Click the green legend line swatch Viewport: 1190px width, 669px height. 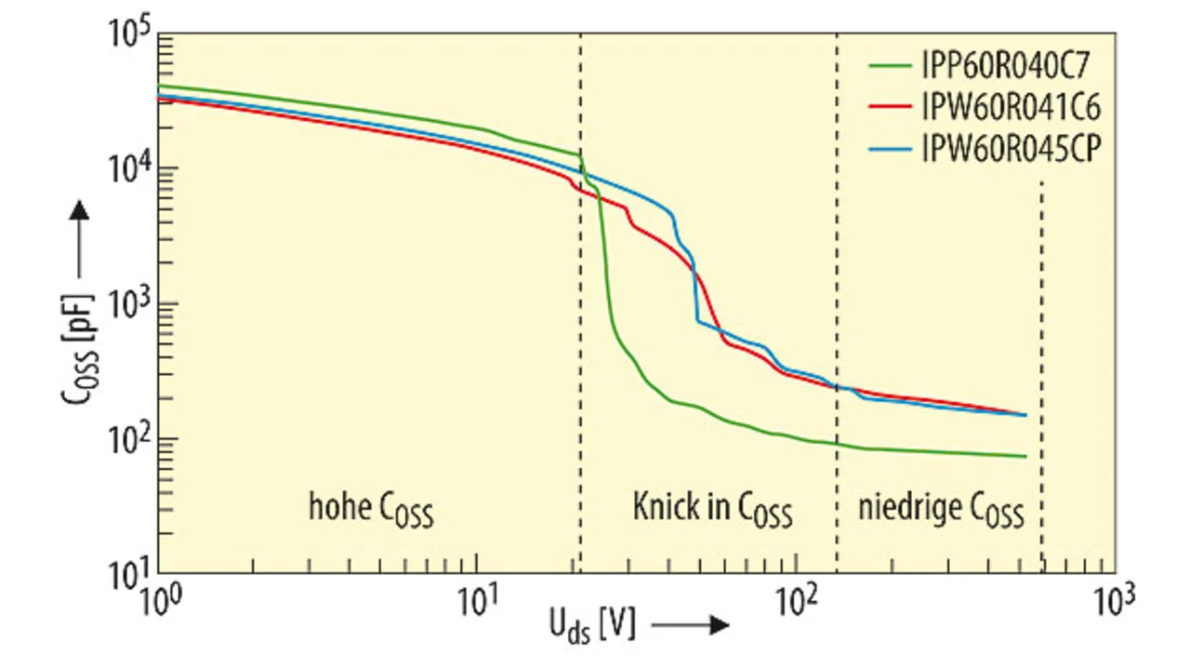(x=893, y=66)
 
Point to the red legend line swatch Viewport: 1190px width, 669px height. (x=893, y=108)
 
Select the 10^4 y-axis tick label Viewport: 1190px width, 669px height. (x=130, y=173)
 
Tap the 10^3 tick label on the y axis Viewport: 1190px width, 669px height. (x=130, y=307)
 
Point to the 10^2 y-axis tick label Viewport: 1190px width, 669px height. (x=130, y=441)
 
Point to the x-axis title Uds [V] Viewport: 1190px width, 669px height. (x=593, y=625)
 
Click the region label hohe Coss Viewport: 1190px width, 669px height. (x=371, y=509)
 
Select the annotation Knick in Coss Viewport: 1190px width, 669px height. (x=712, y=509)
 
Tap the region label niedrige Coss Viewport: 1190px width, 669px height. (x=940, y=510)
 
